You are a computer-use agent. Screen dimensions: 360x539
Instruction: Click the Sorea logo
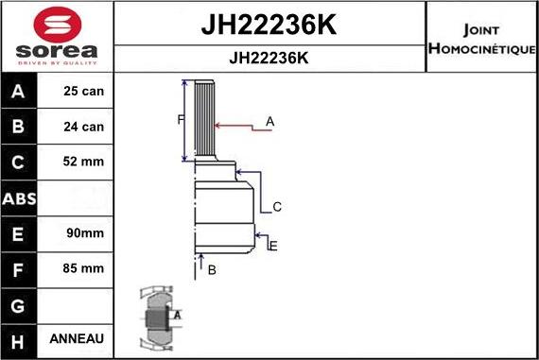57,37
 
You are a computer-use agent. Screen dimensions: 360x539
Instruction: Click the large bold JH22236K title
269,26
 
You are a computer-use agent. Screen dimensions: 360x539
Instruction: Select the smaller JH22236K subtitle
269,58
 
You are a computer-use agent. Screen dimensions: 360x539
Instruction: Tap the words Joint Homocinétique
482,37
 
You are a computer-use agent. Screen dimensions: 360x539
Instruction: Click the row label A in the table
20,93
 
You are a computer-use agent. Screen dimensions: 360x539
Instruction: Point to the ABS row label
20,197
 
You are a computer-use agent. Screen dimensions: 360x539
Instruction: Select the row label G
20,304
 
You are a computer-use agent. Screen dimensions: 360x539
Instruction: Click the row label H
20,338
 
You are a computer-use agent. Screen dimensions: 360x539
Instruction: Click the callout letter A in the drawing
269,121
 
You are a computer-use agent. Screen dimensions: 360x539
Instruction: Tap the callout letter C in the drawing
277,206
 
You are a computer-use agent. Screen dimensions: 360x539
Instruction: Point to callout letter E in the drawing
273,247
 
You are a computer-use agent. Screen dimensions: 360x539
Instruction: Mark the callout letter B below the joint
212,270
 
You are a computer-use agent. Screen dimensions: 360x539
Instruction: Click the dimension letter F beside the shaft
180,119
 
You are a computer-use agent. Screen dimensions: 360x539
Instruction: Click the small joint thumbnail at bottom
159,318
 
